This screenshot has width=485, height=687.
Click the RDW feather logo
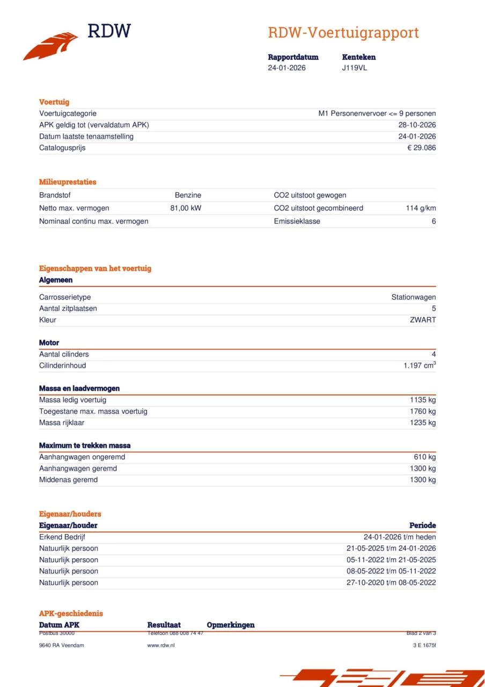click(x=51, y=46)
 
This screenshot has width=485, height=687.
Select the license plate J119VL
click(x=355, y=68)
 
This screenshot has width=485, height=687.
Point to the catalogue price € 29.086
click(x=421, y=148)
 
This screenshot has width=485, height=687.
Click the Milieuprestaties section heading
click(x=68, y=182)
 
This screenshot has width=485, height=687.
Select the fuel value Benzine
click(x=188, y=195)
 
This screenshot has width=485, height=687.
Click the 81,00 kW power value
click(x=186, y=208)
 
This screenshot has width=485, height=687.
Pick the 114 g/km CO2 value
click(x=421, y=208)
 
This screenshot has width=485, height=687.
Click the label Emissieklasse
click(x=297, y=221)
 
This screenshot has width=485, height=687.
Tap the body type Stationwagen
click(x=413, y=297)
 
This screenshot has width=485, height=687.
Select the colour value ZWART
click(x=423, y=320)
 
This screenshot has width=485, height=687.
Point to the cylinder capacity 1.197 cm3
click(x=420, y=366)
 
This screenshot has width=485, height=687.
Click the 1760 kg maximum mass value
click(x=423, y=412)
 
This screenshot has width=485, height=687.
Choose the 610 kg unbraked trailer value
click(x=424, y=457)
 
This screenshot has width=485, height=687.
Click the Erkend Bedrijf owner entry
click(x=62, y=537)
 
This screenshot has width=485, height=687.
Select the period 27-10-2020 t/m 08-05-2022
click(x=391, y=583)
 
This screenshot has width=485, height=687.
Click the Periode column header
click(x=422, y=525)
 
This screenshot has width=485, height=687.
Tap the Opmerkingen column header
click(x=230, y=625)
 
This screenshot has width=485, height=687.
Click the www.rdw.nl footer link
click(x=160, y=645)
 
